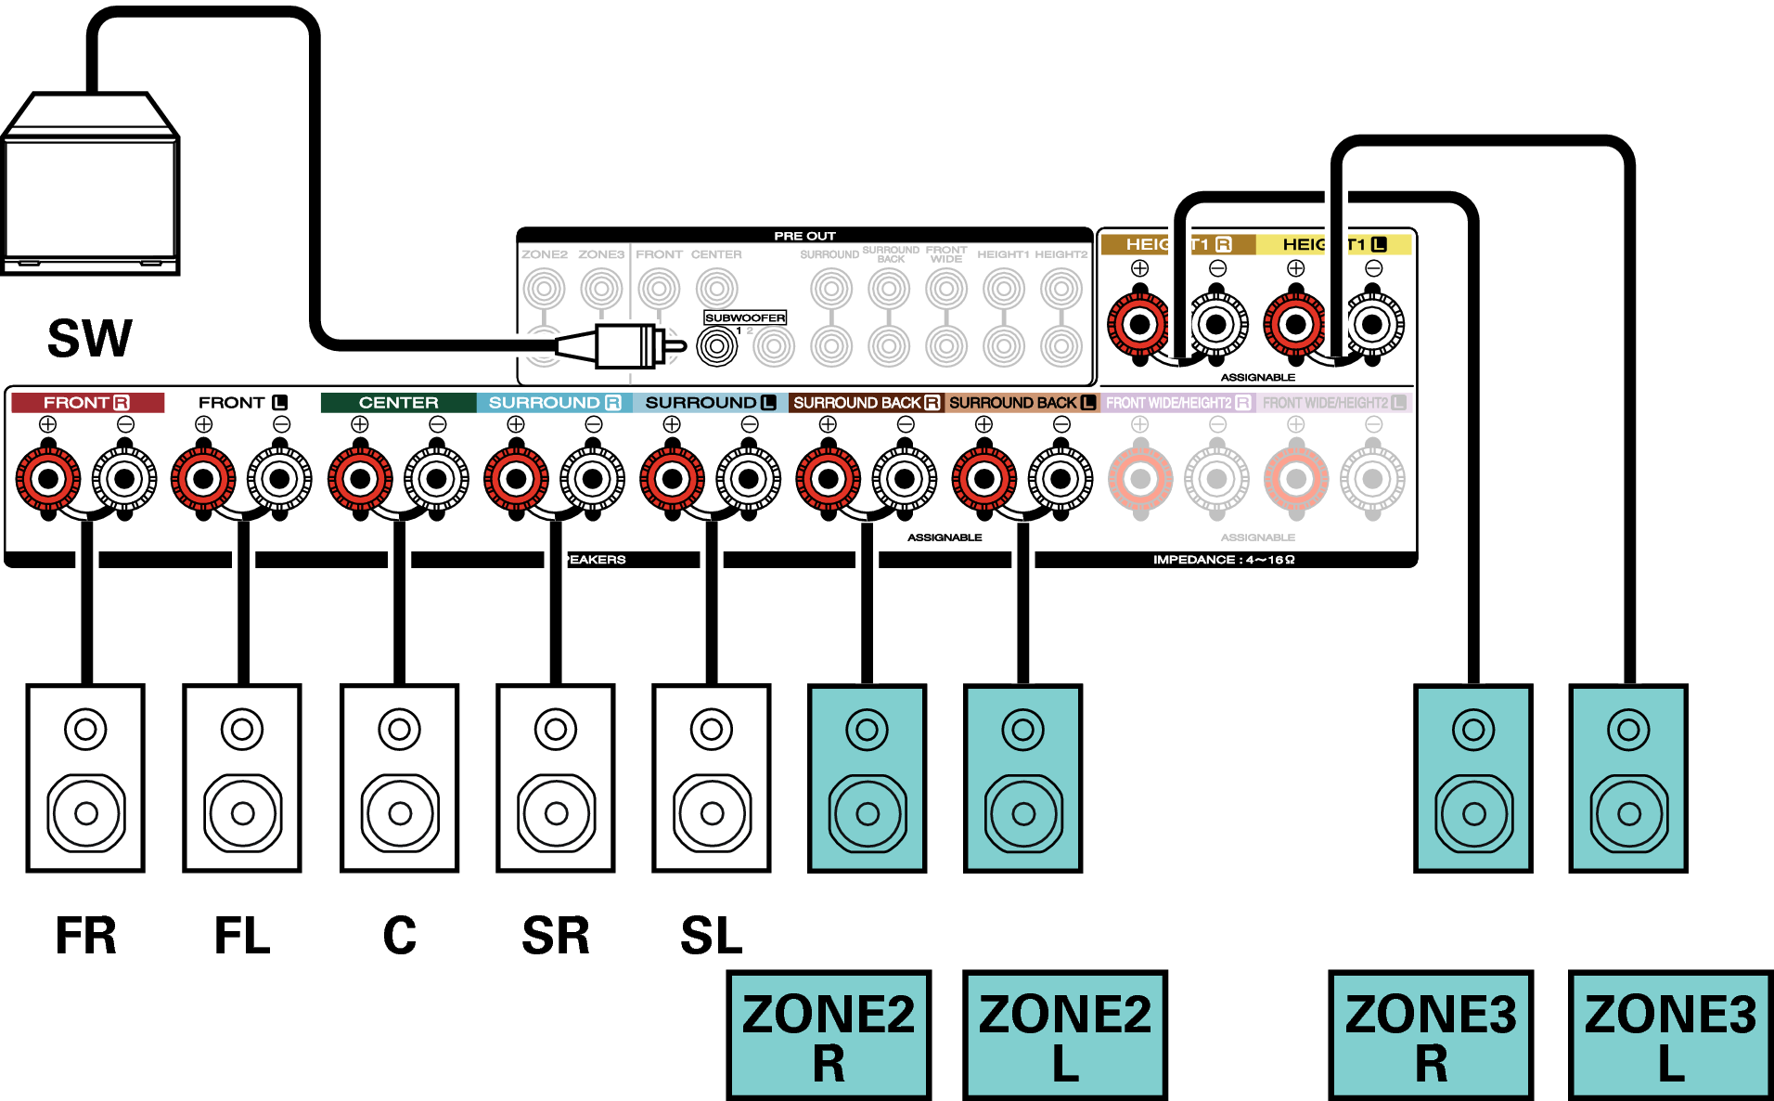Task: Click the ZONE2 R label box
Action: pyautogui.click(x=829, y=1035)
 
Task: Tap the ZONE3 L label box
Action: pyautogui.click(x=1670, y=1035)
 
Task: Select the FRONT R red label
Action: pyautogui.click(x=86, y=403)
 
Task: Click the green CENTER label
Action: pyautogui.click(x=398, y=403)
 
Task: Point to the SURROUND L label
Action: pyautogui.click(x=710, y=403)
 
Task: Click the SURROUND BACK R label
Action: pyautogui.click(x=866, y=403)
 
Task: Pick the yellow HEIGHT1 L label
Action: pyautogui.click(x=1333, y=244)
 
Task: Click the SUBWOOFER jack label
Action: pyautogui.click(x=745, y=317)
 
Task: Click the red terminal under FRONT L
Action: pyautogui.click(x=203, y=479)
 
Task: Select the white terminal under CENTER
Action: pyautogui.click(x=437, y=479)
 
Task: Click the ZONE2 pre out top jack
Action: pyautogui.click(x=544, y=289)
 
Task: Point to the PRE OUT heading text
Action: pyautogui.click(x=804, y=236)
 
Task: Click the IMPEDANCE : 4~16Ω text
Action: pyautogui.click(x=1223, y=560)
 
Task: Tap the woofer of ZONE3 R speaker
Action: pyautogui.click(x=1473, y=814)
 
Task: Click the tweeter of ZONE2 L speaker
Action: pyautogui.click(x=1023, y=730)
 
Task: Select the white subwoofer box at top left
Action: pyautogui.click(x=90, y=186)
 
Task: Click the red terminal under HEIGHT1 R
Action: pyautogui.click(x=1139, y=325)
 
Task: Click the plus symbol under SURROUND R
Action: pyautogui.click(x=516, y=424)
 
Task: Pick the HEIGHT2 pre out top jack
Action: pyautogui.click(x=1061, y=289)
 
